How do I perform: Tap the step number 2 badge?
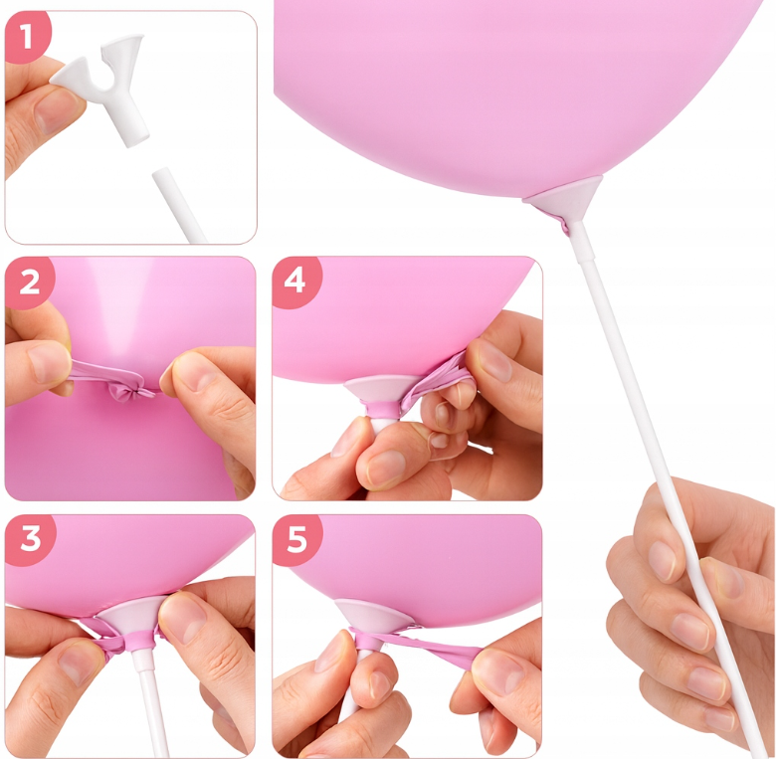[29, 282]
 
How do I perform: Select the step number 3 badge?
[30, 539]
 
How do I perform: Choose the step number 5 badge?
[296, 540]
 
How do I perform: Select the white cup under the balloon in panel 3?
[130, 617]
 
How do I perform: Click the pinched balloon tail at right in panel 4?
[433, 377]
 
